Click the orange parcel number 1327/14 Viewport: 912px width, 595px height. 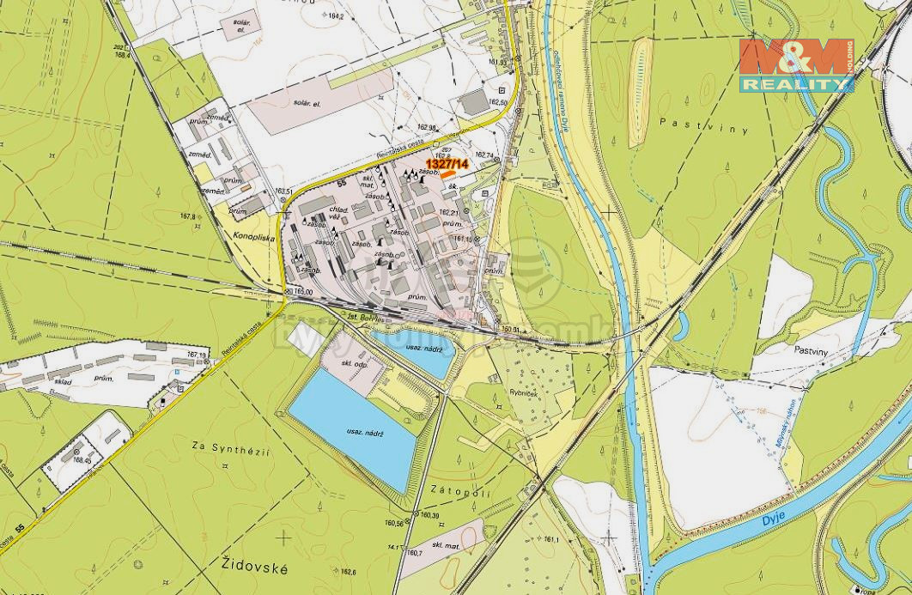pyautogui.click(x=447, y=163)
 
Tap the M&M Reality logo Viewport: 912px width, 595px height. pyautogui.click(x=796, y=65)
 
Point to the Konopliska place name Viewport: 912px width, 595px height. pyautogui.click(x=251, y=233)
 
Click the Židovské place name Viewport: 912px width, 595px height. pyautogui.click(x=254, y=567)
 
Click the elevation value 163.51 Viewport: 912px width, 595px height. pyautogui.click(x=284, y=191)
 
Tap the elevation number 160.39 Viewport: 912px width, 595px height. pyautogui.click(x=429, y=515)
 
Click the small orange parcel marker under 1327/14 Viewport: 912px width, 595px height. pyautogui.click(x=448, y=174)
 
